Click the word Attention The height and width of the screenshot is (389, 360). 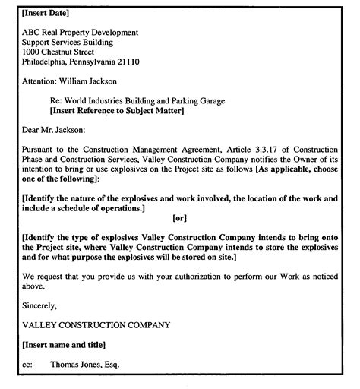tap(39, 81)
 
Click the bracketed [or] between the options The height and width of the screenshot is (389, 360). tap(179, 219)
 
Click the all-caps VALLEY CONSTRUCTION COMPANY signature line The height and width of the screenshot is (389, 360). tap(96, 325)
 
